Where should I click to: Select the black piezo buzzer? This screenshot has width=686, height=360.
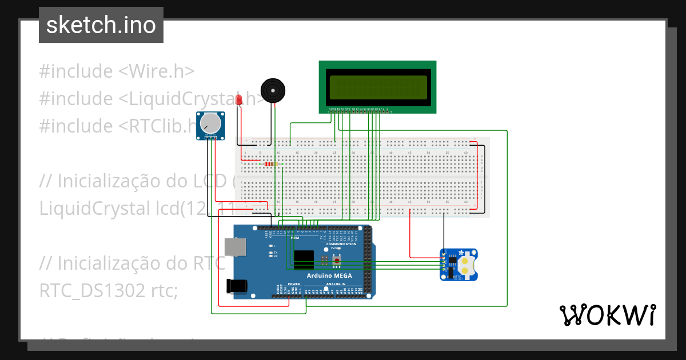pos(272,90)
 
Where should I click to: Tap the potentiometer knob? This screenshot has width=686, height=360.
pos(211,123)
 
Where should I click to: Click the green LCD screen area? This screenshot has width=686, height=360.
pos(377,87)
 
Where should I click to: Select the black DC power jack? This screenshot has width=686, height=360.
pos(238,286)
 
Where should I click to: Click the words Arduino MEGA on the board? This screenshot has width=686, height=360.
pos(329,275)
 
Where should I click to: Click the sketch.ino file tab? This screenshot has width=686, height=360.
pos(101,25)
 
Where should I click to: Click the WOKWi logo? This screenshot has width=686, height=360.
pos(607,315)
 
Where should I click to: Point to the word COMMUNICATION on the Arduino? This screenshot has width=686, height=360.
pos(341,244)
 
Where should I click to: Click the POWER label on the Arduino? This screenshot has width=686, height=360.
pos(294,284)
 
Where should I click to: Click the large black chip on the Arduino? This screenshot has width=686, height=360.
pos(304,259)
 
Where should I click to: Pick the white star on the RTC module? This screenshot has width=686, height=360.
pos(461,252)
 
